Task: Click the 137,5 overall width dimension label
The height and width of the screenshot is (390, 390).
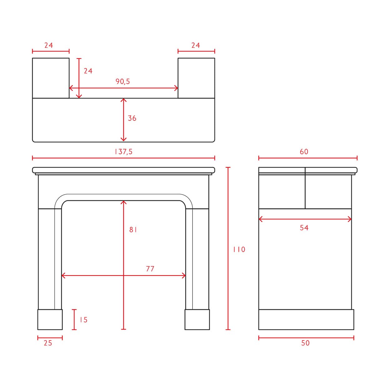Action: click(x=124, y=152)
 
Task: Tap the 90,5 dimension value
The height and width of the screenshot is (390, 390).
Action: click(x=123, y=81)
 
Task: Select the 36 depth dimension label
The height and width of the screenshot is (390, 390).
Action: click(x=132, y=118)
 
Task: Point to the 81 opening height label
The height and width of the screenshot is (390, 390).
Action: click(x=133, y=230)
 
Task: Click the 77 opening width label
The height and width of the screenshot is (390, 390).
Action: click(x=150, y=269)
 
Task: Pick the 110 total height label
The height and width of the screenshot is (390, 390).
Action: click(x=239, y=249)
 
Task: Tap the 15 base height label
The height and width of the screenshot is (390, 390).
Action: click(x=84, y=320)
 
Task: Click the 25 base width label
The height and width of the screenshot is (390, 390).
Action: click(x=48, y=343)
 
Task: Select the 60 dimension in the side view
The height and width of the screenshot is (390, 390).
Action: click(x=304, y=152)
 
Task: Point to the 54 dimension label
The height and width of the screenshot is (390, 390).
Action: click(x=304, y=228)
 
